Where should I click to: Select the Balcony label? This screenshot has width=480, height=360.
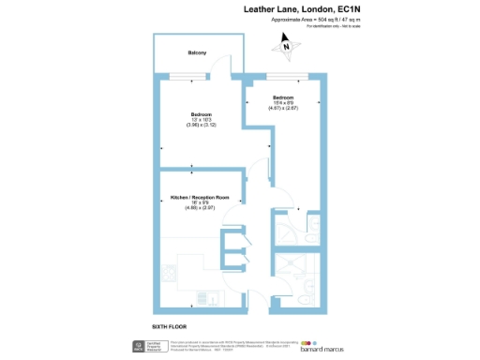point(197,52)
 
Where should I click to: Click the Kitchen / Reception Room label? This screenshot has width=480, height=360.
point(200,198)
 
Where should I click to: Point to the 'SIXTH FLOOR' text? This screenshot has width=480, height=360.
point(171,326)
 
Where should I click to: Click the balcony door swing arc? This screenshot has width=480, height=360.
point(221,65)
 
